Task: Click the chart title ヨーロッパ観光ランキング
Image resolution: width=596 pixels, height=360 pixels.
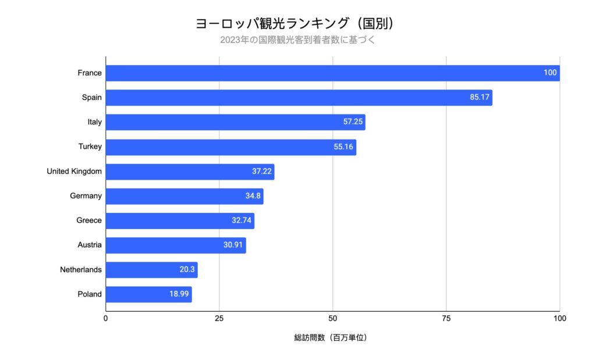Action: click(297, 24)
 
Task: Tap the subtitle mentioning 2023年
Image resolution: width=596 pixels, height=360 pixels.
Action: click(297, 40)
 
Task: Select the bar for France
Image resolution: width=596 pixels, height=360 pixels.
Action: click(332, 73)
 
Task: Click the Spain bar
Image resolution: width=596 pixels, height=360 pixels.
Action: click(299, 98)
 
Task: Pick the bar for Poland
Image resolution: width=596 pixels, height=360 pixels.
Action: click(148, 294)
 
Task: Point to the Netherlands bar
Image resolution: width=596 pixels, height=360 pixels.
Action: click(151, 270)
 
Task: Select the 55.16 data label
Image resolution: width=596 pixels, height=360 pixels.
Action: click(343, 147)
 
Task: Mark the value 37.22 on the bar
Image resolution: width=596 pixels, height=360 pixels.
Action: click(261, 172)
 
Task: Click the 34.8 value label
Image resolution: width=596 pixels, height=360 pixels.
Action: click(253, 196)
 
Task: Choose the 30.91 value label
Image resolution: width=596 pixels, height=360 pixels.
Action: click(233, 245)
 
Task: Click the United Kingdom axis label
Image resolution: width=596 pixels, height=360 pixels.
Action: click(74, 171)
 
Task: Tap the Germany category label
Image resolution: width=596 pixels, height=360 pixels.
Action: click(86, 196)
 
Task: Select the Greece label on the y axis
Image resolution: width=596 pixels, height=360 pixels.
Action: click(88, 220)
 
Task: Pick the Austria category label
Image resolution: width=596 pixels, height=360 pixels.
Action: click(89, 245)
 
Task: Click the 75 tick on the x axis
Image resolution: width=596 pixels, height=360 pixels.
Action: click(446, 319)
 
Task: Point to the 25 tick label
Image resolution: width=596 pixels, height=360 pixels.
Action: click(219, 319)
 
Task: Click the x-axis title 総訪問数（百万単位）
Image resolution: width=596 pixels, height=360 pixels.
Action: click(331, 338)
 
